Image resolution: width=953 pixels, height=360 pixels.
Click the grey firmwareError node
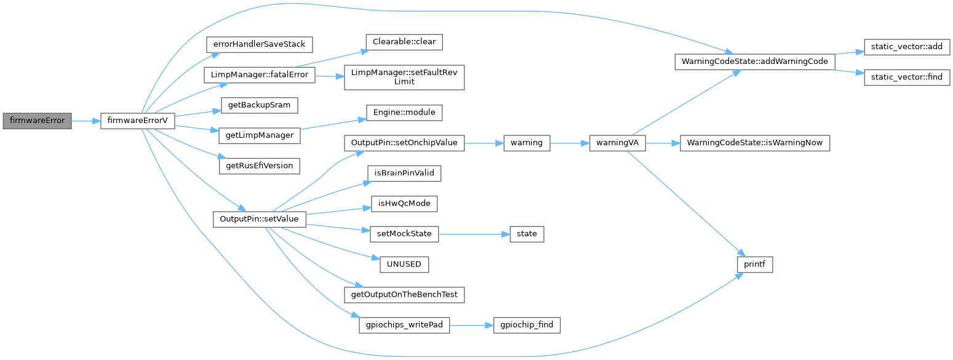point(38,121)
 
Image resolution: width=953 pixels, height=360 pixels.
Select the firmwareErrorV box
point(137,121)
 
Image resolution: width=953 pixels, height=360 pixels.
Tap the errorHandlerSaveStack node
point(258,44)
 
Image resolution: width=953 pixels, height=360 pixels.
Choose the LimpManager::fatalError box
point(260,75)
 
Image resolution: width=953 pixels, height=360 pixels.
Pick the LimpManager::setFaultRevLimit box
point(404,77)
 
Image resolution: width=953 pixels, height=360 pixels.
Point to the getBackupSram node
point(255,105)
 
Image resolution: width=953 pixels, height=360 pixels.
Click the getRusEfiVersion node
point(258,166)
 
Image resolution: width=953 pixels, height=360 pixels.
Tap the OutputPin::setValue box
point(258,219)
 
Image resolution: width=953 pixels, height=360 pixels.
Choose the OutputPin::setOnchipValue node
point(404,143)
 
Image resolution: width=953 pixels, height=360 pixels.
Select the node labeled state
point(527,234)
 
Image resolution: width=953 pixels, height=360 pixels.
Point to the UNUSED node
point(404,264)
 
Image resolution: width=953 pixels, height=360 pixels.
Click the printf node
point(754,265)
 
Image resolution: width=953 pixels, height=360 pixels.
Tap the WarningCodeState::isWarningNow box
point(754,143)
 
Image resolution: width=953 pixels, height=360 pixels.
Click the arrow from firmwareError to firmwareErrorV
point(86,121)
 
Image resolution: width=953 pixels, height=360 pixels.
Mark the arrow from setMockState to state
point(474,234)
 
